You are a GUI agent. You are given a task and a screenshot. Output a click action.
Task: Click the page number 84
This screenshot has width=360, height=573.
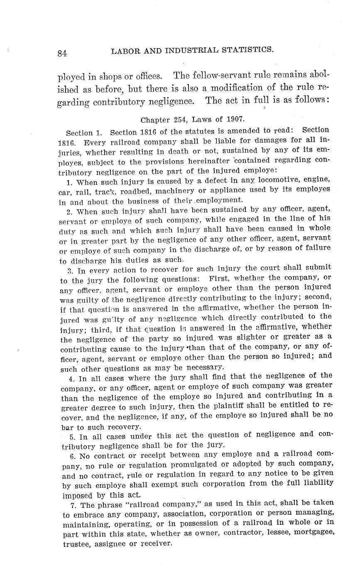tap(62, 53)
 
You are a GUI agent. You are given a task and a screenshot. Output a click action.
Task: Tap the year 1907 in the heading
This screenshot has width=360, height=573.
tap(235, 120)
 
